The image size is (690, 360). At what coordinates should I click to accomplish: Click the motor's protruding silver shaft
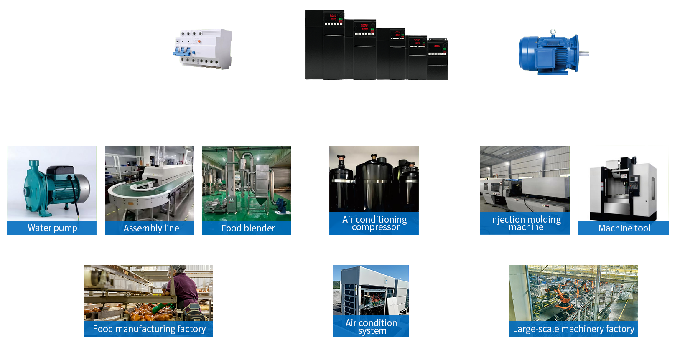coord(583,53)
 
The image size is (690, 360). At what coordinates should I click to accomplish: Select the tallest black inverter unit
coord(324,45)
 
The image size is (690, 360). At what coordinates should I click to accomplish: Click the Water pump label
coord(52,228)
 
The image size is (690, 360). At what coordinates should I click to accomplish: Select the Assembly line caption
coord(151,228)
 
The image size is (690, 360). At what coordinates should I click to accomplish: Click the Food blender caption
coord(248,228)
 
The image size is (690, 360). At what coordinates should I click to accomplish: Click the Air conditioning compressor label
coord(374,223)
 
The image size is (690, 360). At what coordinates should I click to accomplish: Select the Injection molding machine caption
coord(525,223)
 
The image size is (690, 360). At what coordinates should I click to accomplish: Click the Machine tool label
coord(624,228)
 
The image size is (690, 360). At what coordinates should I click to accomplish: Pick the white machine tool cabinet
coord(623,188)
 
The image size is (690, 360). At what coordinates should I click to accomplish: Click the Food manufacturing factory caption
coord(149,329)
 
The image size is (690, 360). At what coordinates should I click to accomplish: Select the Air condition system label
coord(371,327)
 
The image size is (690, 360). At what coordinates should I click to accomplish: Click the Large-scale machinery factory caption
coord(573,329)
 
